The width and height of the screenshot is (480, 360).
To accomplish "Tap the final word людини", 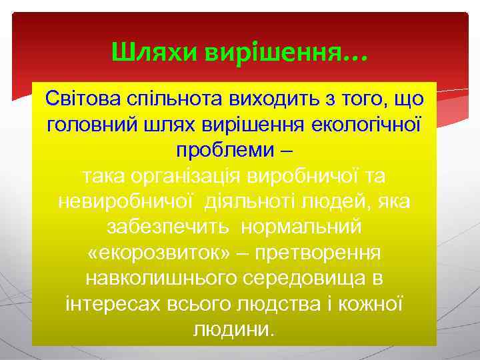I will pyautogui.click(x=233, y=329).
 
